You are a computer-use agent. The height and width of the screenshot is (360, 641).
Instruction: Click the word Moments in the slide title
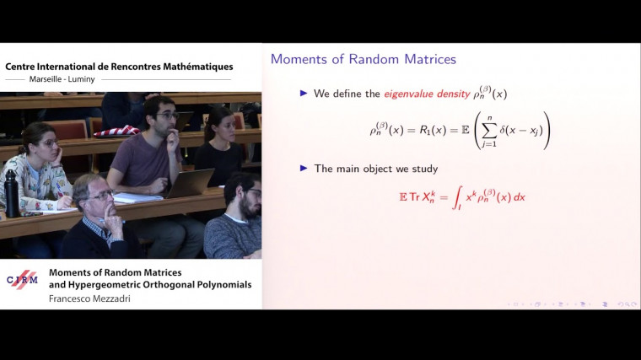pyautogui.click(x=298, y=60)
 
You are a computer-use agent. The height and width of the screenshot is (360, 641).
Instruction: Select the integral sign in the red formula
pyautogui.click(x=456, y=198)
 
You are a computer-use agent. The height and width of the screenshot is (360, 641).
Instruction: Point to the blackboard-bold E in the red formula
pyautogui.click(x=402, y=196)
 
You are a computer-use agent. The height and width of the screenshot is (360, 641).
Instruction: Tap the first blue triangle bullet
pyautogui.click(x=304, y=94)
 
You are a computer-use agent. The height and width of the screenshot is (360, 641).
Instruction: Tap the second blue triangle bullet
pyautogui.click(x=304, y=168)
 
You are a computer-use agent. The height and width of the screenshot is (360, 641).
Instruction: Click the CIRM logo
pyautogui.click(x=22, y=279)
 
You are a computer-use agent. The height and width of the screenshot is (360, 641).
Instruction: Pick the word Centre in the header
pyautogui.click(x=24, y=66)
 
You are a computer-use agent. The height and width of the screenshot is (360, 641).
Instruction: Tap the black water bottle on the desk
pyautogui.click(x=12, y=193)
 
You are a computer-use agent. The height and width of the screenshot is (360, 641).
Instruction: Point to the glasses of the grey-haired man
pyautogui.click(x=102, y=195)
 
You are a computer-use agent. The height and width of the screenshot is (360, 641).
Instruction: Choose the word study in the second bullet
pyautogui.click(x=423, y=169)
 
